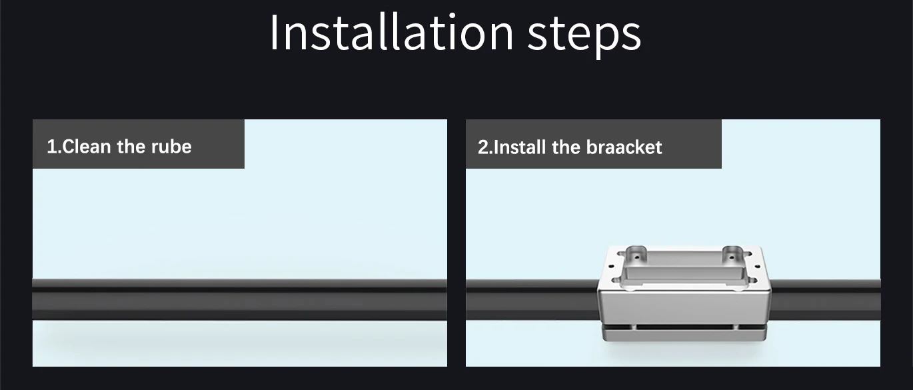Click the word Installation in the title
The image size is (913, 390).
pos(391,33)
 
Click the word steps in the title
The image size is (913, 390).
pos(584,36)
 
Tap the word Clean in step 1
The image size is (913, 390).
pos(87,147)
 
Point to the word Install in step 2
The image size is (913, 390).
pos(519,147)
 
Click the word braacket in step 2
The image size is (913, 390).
pos(624,147)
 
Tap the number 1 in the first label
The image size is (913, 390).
pos(51,147)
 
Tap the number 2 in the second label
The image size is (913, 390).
pos(483,147)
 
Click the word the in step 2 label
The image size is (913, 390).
pos(566,147)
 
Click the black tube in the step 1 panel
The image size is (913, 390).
pos(240,299)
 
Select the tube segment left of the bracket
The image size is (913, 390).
pos(532,300)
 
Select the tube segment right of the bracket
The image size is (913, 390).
pos(826,300)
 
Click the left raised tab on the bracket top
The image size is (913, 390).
pos(636,254)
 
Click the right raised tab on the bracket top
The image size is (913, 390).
pos(733,254)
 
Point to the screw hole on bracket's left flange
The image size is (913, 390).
pos(611,267)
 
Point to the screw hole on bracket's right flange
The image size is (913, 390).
pos(758,267)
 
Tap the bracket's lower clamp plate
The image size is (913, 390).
pos(684,335)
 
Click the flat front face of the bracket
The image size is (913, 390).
pos(684,307)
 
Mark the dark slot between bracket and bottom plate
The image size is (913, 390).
pos(684,327)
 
